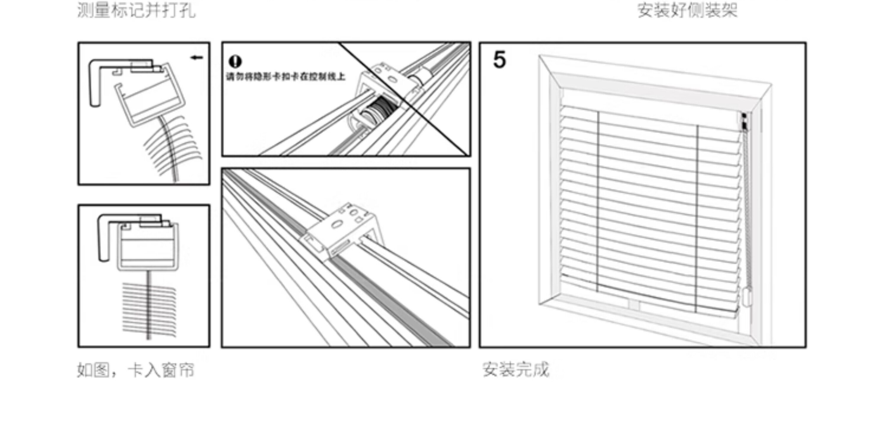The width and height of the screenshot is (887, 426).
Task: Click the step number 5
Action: pos(500,60)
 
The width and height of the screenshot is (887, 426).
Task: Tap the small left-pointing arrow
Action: pos(197,58)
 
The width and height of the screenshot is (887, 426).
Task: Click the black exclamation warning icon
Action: pos(235,61)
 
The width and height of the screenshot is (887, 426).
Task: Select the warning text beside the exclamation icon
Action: pos(285,77)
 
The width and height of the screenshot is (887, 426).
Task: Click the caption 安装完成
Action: pos(515,369)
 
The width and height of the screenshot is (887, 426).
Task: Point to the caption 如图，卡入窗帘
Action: pos(135,370)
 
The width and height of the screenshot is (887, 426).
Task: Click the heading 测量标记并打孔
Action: pos(136,10)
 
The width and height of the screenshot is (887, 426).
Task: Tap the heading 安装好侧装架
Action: pos(687,10)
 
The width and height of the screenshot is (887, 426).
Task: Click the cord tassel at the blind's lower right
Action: pos(746,297)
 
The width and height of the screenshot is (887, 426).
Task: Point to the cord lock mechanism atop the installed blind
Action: pos(744,122)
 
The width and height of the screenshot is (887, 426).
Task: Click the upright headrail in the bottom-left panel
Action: pos(148,246)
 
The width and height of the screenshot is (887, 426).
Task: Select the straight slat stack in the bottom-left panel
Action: pos(149,310)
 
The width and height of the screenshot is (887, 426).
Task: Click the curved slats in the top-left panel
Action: pos(172,145)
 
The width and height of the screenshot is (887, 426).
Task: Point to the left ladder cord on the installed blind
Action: pos(598,200)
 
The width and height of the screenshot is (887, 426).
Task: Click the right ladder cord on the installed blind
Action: pos(697,217)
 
